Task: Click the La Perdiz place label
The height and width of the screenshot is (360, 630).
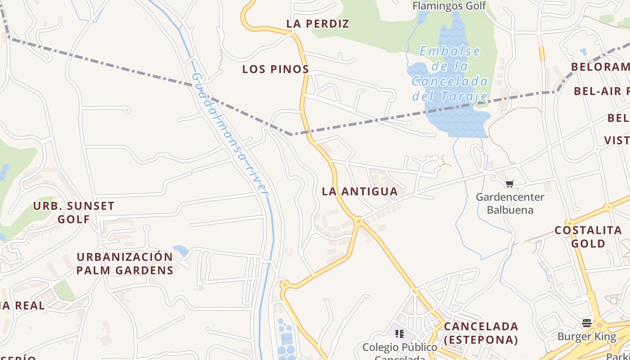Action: [318, 24]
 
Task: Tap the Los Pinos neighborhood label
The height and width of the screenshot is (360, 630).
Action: [275, 69]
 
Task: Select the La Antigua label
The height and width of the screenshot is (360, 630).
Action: [360, 192]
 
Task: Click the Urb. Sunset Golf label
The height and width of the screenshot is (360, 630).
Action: [74, 212]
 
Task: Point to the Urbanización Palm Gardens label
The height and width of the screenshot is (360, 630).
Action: [125, 263]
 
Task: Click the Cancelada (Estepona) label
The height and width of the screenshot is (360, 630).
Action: [481, 333]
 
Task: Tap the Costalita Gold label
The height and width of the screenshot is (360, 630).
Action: [588, 237]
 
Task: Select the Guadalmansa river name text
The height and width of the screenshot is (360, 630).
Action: [230, 133]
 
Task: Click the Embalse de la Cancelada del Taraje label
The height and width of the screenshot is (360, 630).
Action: [450, 74]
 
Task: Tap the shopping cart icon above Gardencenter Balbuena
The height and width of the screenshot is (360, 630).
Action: [509, 184]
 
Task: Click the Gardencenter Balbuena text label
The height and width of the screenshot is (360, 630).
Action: [510, 203]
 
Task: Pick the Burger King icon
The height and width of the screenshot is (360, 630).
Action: [586, 323]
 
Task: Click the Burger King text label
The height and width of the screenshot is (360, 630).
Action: [587, 337]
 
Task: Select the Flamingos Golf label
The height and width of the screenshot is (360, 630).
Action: [449, 6]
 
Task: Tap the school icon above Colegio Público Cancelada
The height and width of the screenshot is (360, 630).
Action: [399, 333]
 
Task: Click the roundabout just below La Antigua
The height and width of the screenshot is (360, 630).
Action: [359, 221]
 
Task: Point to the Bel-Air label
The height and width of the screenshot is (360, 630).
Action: [601, 91]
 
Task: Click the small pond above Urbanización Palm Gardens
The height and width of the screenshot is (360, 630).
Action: [180, 250]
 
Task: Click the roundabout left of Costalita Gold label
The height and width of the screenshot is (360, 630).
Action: [570, 223]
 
